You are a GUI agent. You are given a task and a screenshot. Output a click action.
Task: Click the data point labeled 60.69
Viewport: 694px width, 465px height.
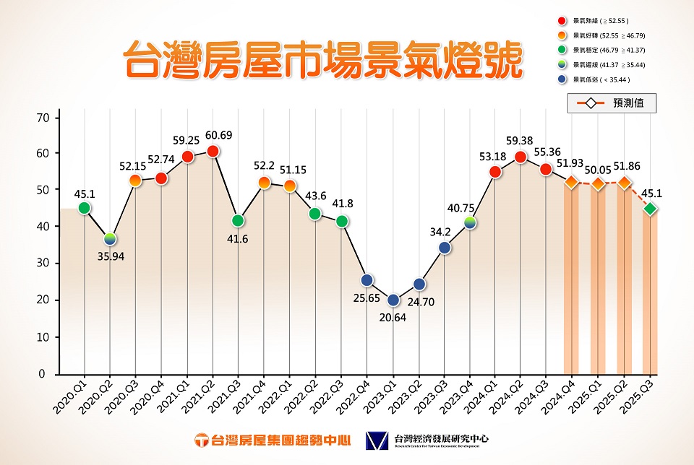click(x=213, y=151)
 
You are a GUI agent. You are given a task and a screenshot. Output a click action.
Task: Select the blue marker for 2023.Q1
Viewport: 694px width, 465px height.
click(x=393, y=300)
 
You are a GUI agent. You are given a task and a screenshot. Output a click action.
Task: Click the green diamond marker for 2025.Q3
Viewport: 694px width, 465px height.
click(x=650, y=209)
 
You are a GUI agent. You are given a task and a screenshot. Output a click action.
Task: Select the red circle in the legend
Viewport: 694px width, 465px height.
click(x=562, y=21)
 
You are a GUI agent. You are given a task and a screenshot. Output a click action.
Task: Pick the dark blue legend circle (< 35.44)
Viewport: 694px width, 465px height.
click(x=562, y=80)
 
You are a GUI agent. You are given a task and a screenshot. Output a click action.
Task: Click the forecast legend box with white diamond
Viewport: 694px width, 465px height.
click(x=612, y=103)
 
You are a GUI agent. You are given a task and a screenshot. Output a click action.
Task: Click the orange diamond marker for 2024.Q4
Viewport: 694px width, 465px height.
click(x=571, y=183)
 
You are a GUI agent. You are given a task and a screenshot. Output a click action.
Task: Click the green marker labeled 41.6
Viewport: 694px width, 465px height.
click(x=238, y=220)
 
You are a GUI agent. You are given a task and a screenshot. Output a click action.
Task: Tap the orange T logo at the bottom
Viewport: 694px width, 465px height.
click(x=203, y=440)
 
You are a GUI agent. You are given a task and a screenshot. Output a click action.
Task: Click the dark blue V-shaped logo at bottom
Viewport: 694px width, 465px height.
click(x=376, y=440)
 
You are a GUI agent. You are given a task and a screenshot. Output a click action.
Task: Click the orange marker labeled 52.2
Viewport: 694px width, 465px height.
click(x=264, y=183)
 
